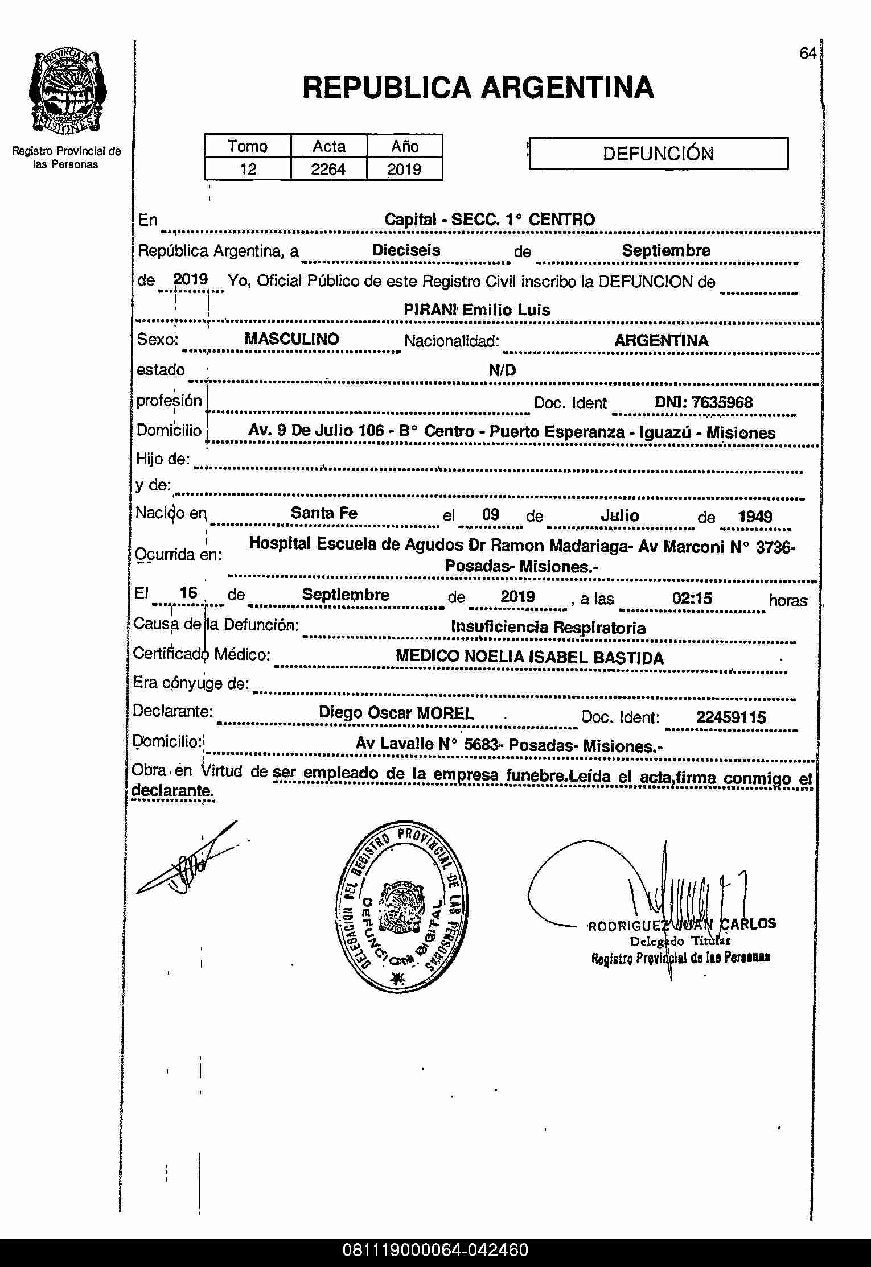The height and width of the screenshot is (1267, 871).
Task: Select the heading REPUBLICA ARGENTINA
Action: [478, 88]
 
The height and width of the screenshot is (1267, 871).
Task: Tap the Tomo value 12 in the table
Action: [248, 169]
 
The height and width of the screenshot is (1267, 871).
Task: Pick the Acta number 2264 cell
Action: [328, 169]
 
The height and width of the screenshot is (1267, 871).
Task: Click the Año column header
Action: [405, 146]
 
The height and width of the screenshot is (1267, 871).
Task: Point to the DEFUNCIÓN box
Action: [658, 154]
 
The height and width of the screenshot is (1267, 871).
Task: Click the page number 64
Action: [808, 53]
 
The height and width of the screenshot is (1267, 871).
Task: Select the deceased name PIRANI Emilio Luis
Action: [476, 310]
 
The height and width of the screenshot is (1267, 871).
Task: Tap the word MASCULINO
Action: [291, 339]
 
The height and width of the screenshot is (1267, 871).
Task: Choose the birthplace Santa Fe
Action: [324, 513]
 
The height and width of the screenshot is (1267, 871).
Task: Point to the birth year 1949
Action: [755, 517]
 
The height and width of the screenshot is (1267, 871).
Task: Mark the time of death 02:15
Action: [692, 599]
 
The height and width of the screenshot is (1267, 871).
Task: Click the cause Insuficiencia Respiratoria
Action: [548, 628]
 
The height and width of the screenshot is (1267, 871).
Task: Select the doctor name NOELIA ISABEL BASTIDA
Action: [564, 658]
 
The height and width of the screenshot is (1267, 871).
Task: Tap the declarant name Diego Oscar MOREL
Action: [396, 713]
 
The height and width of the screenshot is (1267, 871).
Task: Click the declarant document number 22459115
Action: [731, 717]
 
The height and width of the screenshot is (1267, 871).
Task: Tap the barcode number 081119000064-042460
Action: [435, 1250]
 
